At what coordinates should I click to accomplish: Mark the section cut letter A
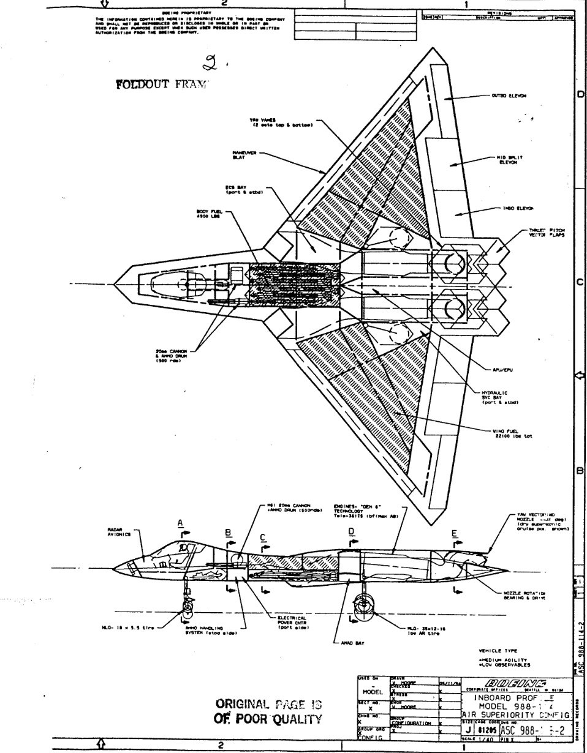coord(180,522)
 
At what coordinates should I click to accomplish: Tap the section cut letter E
coord(455,533)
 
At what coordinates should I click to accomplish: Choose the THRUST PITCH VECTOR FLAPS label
coord(543,233)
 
